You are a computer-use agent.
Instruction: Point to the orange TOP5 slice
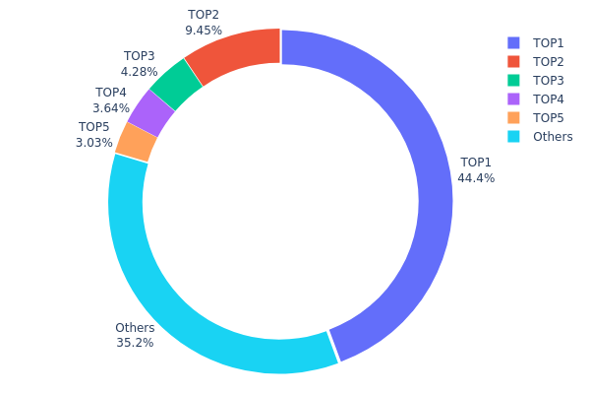point(137,141)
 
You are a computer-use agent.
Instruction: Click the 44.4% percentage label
point(476,178)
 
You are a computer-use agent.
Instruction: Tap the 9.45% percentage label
point(203,31)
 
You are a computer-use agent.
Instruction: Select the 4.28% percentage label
point(140,72)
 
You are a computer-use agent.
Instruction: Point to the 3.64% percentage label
point(111,108)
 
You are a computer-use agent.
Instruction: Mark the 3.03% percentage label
point(94,143)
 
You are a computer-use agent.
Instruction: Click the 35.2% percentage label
point(135,343)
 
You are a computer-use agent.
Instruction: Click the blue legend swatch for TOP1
point(513,42)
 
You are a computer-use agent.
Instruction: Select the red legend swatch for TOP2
point(513,61)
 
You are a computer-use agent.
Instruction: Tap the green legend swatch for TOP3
point(513,80)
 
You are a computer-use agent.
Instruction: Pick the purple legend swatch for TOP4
point(513,98)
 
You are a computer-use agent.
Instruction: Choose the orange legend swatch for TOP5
point(513,117)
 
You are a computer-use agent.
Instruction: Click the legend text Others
point(553,136)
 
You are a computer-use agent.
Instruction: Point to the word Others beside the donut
point(135,328)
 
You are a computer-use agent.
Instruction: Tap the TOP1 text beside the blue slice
point(476,163)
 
